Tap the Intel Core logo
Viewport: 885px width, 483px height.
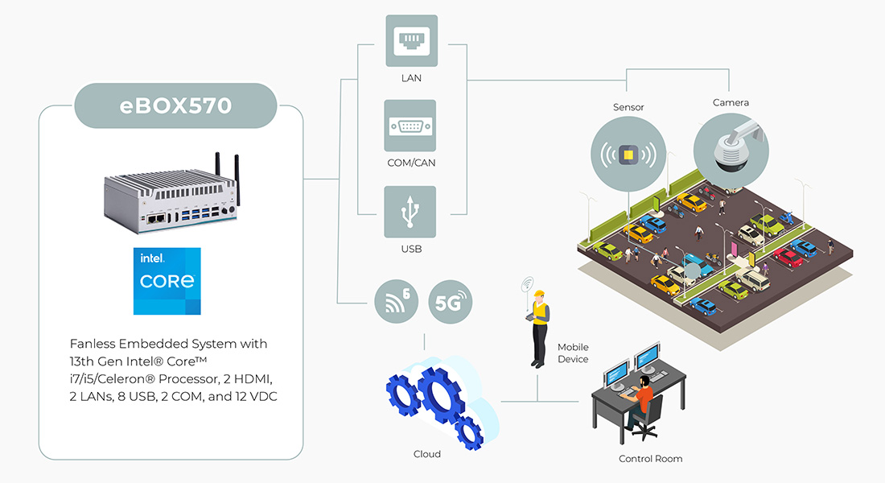pos(167,281)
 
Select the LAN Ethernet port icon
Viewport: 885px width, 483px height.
pos(410,41)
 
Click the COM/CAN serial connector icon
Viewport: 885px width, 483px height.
pos(410,126)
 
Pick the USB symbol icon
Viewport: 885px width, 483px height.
pos(410,212)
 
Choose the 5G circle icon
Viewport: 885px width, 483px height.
pos(451,303)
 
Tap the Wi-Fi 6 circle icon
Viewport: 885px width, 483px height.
pos(397,303)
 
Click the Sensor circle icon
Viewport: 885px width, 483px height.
pos(628,154)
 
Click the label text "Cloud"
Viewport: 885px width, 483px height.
pos(427,454)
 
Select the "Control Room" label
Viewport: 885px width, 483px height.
pos(650,459)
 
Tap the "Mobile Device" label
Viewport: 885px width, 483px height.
pos(573,353)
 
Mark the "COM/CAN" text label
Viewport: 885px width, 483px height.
pos(411,163)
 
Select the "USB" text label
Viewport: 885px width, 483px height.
pos(411,250)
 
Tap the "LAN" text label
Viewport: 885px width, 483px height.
pos(411,78)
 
